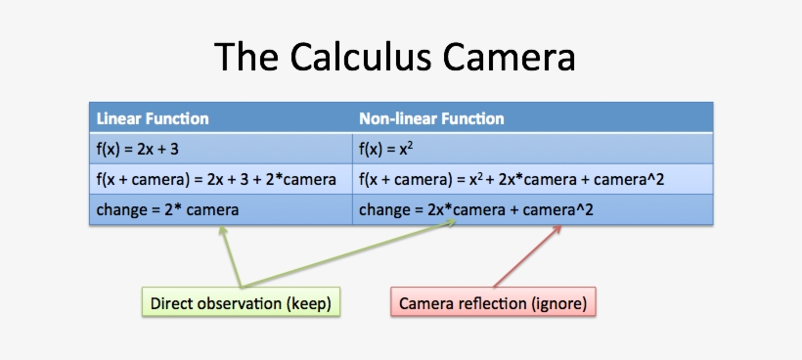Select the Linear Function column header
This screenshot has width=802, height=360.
153,118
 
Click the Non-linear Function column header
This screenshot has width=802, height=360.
431,118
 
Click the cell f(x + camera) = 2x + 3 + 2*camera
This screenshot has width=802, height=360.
216,179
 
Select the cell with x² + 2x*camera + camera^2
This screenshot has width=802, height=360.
512,179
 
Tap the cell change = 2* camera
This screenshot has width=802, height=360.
167,209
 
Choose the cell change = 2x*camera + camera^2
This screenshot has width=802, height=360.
476,209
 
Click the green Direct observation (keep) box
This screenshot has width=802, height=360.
241,303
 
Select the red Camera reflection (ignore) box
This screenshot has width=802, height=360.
494,303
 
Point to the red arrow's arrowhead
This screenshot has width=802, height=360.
559,228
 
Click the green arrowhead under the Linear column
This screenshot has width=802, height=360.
223,230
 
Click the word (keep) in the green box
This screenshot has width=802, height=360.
310,303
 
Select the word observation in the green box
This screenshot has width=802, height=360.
240,303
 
